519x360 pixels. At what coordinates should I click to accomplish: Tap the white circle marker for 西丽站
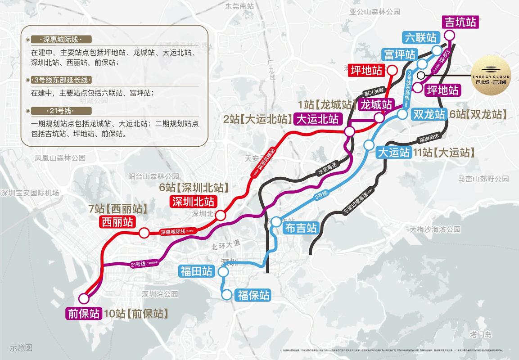144,233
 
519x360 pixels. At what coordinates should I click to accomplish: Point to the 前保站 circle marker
83,298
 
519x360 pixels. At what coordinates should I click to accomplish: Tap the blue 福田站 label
196,271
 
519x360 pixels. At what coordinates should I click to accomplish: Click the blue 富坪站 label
399,54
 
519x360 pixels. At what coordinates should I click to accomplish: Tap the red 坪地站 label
366,70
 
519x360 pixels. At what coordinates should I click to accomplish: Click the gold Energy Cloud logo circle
491,75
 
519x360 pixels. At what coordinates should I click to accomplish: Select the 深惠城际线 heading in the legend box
59,39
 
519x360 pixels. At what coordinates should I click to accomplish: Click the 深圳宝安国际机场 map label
30,193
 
